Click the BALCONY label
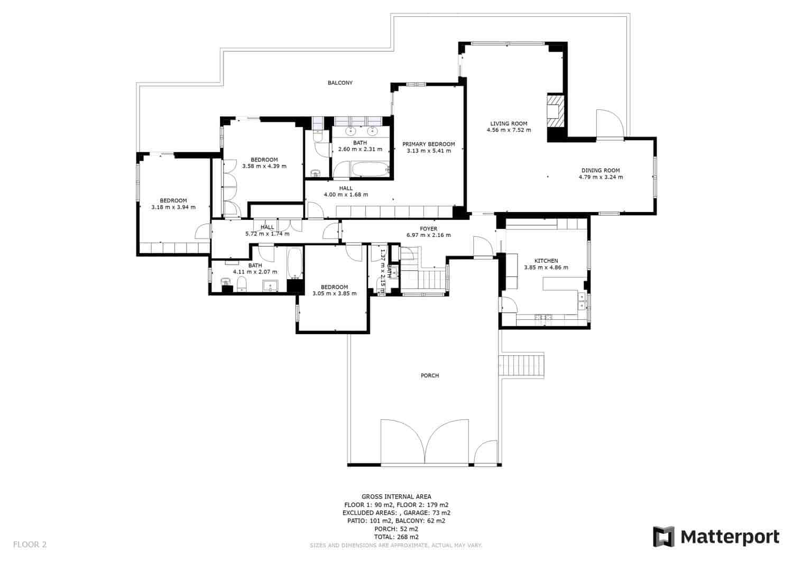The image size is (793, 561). (339, 83)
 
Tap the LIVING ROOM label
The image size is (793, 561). (509, 124)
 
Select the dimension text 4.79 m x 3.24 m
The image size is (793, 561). (601, 177)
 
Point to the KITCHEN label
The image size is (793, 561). (546, 261)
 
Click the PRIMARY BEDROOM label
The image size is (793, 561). (428, 144)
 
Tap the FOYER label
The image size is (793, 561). (428, 229)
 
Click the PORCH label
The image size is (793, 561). (430, 375)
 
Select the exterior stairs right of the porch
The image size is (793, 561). (522, 365)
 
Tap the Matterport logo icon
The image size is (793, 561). (664, 537)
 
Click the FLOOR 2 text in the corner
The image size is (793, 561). (30, 544)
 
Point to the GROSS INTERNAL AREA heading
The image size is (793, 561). (396, 496)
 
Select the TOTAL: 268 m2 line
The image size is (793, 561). (396, 537)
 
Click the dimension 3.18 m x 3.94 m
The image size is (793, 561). (173, 207)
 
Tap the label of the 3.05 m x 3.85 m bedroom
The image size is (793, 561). (334, 287)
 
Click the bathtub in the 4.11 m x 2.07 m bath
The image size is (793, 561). (294, 264)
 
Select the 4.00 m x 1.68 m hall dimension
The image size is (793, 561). (346, 195)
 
